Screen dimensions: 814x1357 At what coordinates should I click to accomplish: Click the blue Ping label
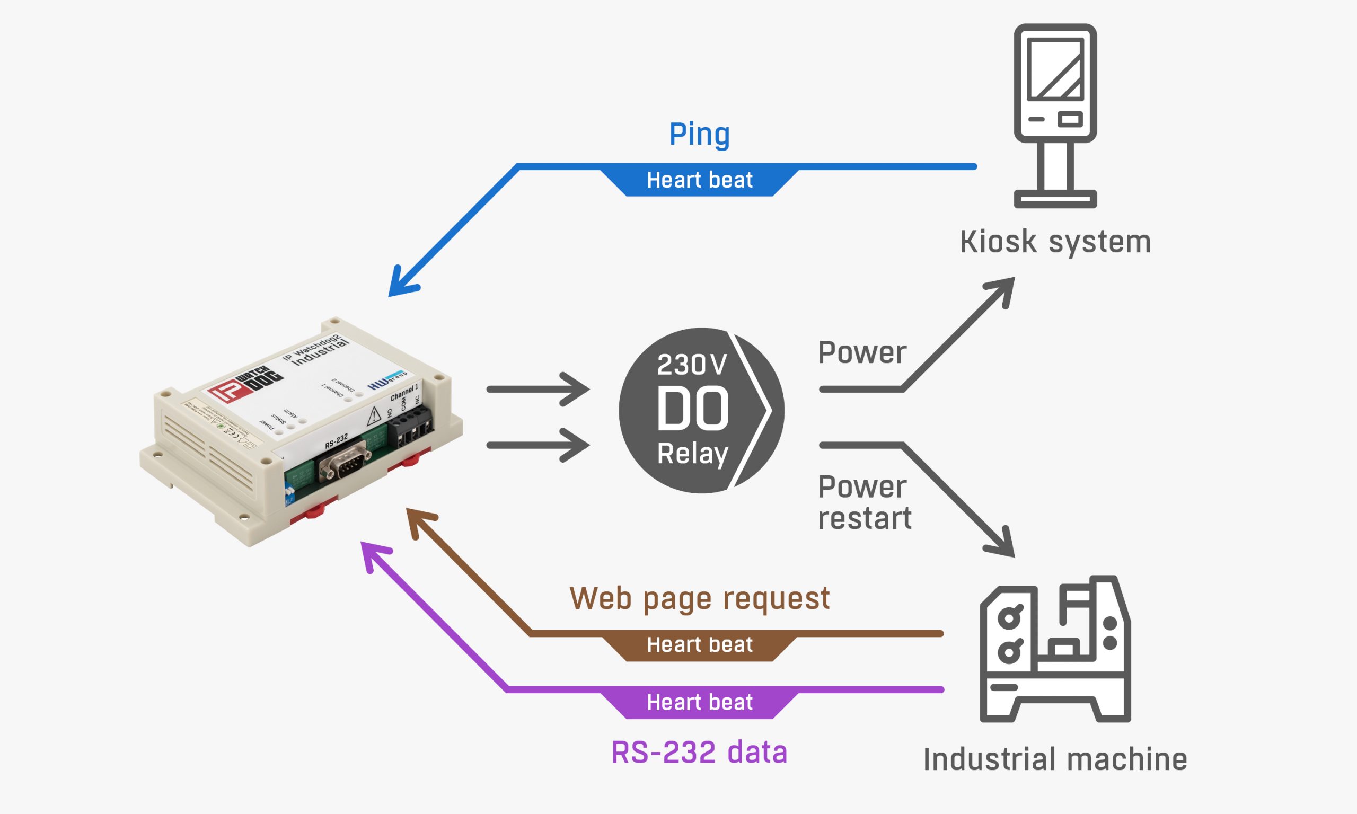click(699, 135)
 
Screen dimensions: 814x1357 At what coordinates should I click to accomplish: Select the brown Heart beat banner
click(699, 645)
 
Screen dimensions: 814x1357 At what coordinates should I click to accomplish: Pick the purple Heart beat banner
click(699, 703)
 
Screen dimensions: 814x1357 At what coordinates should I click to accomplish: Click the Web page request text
click(699, 598)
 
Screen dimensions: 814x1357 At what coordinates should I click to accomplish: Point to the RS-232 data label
click(699, 752)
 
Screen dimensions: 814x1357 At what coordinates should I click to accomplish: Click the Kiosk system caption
click(1055, 242)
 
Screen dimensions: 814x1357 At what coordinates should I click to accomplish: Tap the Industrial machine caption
click(1055, 760)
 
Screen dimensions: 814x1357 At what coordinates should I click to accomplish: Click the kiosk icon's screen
click(1055, 69)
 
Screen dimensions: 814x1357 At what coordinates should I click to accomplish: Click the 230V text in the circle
click(692, 365)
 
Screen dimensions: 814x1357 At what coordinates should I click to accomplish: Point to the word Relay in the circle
click(692, 454)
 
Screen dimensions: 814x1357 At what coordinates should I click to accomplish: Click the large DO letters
click(692, 409)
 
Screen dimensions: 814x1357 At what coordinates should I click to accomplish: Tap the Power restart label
click(864, 502)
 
